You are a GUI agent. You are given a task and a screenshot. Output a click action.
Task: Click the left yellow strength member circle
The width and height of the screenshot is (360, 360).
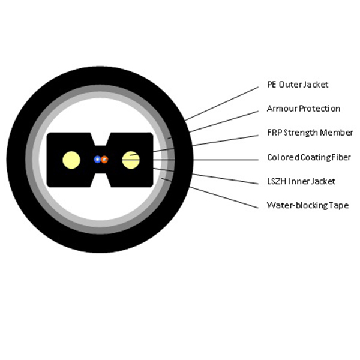(71, 160)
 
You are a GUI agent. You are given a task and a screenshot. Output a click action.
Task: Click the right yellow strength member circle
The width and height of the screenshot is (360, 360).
(131, 160)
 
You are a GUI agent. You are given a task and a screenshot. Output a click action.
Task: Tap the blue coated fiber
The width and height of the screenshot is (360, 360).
(97, 159)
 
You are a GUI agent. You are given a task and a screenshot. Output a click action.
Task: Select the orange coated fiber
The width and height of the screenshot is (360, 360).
(104, 160)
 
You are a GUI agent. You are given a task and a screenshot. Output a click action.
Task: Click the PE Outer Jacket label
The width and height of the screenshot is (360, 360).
(298, 85)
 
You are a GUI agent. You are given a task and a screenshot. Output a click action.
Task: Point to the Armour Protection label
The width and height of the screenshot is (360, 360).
(304, 109)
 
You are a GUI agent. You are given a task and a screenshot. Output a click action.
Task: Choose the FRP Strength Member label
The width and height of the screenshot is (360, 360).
(310, 133)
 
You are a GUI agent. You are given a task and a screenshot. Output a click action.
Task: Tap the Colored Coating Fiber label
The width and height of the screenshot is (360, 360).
(309, 157)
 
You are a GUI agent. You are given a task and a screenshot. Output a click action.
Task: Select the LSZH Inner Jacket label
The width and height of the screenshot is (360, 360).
(301, 181)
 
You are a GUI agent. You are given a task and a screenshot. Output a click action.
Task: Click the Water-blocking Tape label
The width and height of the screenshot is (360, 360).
(308, 205)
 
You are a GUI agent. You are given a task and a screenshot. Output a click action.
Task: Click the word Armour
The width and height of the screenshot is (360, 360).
(282, 109)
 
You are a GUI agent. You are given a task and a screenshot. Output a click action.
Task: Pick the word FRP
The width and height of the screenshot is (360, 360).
(274, 133)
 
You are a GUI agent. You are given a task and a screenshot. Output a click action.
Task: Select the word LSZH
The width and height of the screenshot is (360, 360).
(277, 181)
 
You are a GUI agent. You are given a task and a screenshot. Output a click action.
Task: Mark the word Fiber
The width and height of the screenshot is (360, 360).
(341, 157)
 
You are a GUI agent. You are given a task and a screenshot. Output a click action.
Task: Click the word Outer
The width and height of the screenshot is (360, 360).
(290, 85)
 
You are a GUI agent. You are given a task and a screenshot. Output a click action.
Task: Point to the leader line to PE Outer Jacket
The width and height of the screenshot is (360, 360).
(221, 104)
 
